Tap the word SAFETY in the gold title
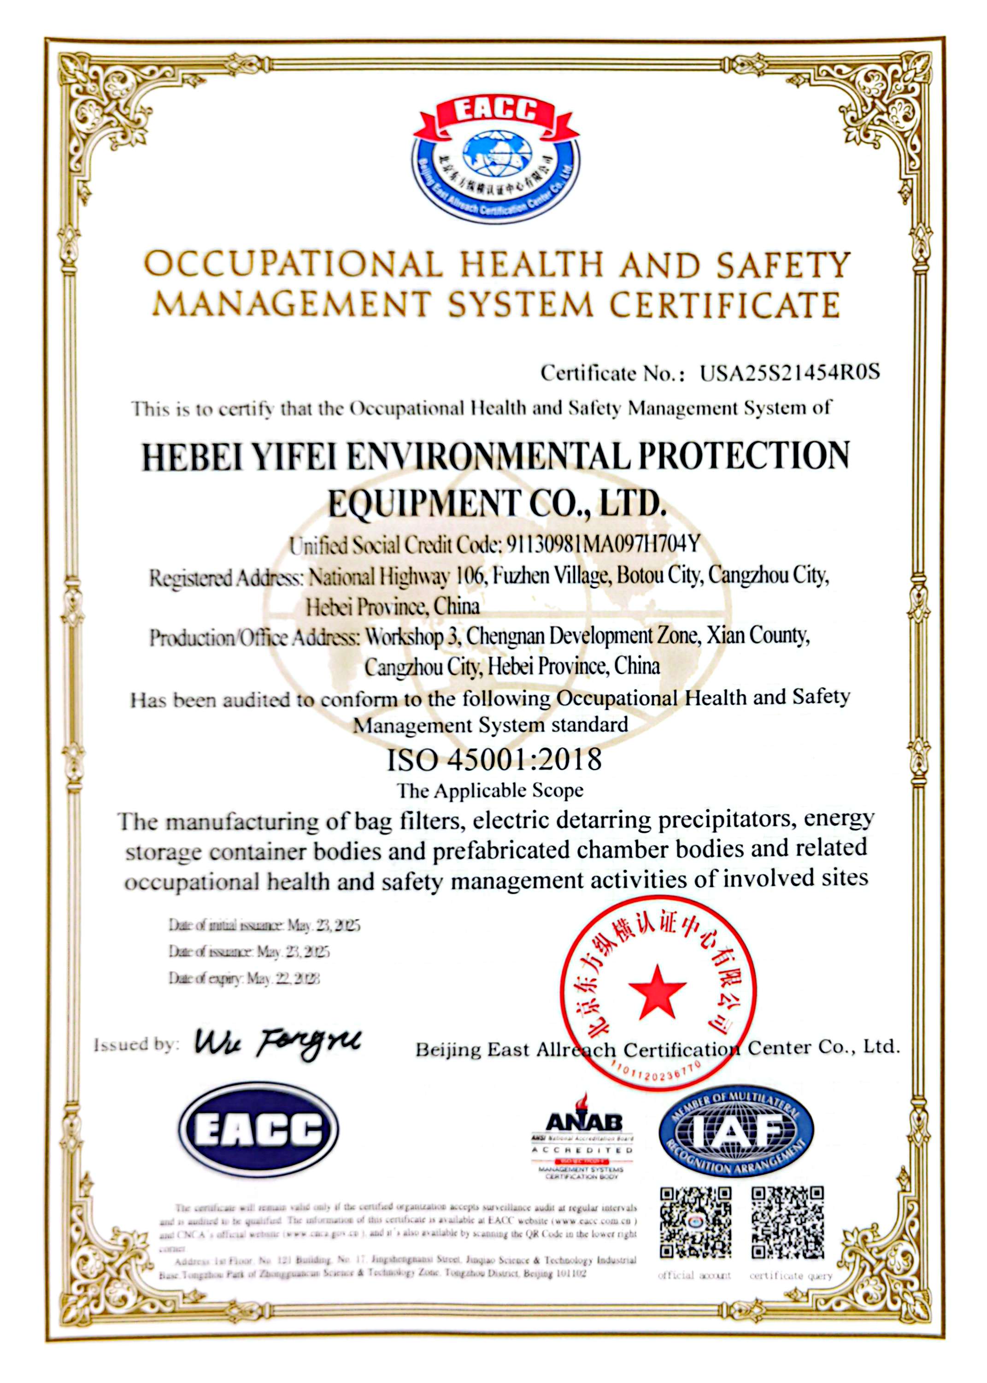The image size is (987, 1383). click(782, 266)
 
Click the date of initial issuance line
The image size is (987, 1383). click(264, 925)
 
